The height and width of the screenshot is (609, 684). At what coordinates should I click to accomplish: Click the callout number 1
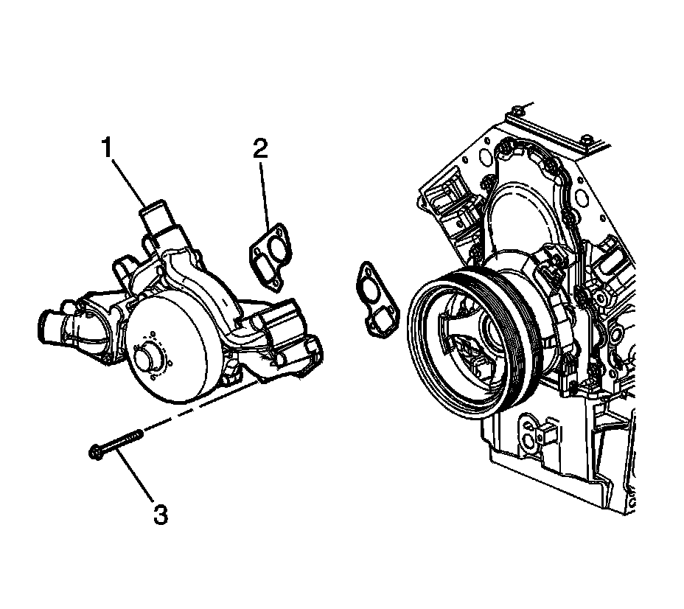pyautogui.click(x=108, y=148)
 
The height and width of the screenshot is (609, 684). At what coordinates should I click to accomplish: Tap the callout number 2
pyautogui.click(x=260, y=148)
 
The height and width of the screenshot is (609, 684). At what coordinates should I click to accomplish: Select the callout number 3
pyautogui.click(x=160, y=513)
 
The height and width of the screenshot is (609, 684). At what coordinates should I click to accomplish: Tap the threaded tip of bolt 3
pyautogui.click(x=138, y=434)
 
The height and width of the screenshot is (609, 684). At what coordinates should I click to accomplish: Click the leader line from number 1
pyautogui.click(x=130, y=181)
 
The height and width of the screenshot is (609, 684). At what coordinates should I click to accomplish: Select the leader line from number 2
pyautogui.click(x=265, y=192)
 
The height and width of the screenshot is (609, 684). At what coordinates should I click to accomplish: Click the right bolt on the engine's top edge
pyautogui.click(x=585, y=139)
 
